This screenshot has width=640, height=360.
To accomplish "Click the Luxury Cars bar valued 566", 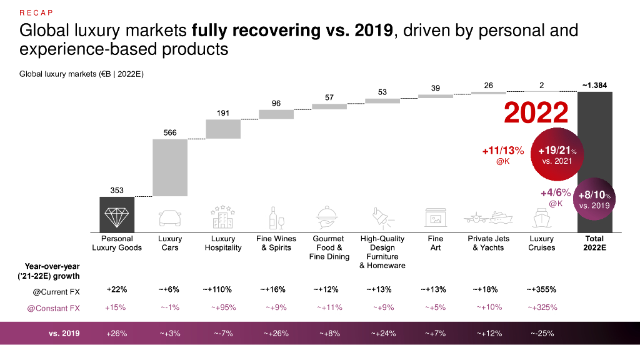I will (170, 167).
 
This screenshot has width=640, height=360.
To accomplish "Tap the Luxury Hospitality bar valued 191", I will (223, 129).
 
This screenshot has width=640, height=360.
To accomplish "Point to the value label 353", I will (117, 190).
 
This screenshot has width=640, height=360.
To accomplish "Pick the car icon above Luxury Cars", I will (170, 218).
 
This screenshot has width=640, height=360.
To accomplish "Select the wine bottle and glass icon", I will (276, 218).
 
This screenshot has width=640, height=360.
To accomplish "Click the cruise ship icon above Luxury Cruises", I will (541, 218).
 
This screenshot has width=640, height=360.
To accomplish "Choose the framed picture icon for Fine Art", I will (435, 218).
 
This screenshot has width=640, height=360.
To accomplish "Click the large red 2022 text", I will (536, 113).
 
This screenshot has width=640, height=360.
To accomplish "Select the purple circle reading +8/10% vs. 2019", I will (594, 200).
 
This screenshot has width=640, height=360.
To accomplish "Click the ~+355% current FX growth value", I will (541, 289).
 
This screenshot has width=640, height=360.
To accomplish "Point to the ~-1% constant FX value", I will (170, 307).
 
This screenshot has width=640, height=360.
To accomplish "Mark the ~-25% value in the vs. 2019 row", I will (541, 333).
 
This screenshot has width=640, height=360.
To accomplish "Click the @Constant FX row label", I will (56, 307).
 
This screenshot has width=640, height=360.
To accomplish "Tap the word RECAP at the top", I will (35, 12).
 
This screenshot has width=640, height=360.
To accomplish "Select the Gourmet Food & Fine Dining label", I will (329, 247).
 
